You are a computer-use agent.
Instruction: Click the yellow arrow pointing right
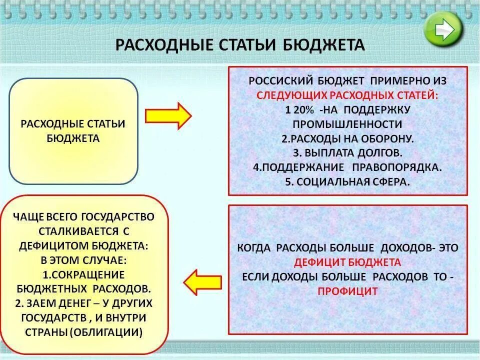[x=168, y=115]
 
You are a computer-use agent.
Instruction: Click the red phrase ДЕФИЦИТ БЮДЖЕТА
[x=347, y=262]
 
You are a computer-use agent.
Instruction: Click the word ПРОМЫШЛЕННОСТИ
[x=347, y=124]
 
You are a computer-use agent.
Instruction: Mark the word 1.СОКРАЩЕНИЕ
[x=83, y=274]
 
